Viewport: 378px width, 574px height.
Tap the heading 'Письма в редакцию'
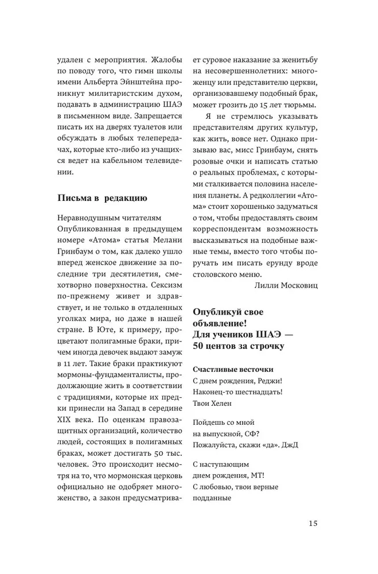point(103,198)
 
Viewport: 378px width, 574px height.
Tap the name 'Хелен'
point(226,402)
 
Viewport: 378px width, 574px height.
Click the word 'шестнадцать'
point(258,392)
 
